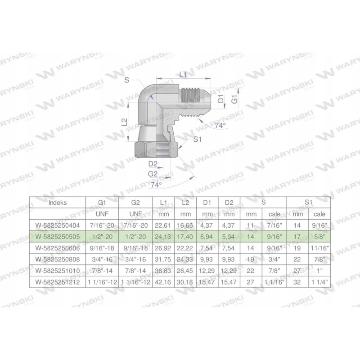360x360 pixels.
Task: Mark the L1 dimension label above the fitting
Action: coord(183,75)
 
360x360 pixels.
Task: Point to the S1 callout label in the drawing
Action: coord(197,139)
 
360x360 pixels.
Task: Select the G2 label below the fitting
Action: coord(153,173)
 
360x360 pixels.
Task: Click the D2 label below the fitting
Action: coord(153,164)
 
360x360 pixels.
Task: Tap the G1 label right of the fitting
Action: coord(234,100)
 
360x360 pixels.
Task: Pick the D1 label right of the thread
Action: coord(221,99)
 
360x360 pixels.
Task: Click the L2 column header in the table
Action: coord(185,202)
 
